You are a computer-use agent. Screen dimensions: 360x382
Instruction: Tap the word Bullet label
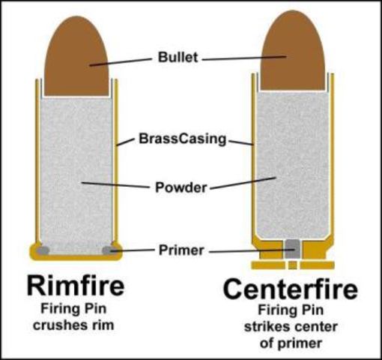178,56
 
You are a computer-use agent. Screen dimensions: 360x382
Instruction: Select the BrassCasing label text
183,139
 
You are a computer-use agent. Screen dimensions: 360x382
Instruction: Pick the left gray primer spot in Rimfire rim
44,249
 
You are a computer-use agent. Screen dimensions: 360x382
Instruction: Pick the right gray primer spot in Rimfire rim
109,249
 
